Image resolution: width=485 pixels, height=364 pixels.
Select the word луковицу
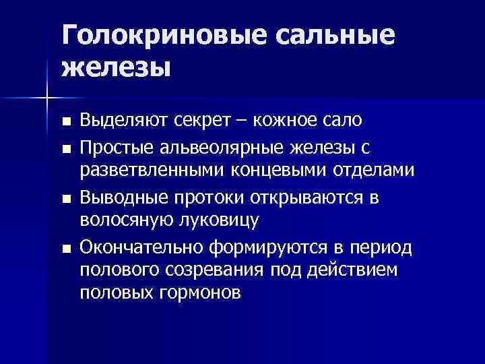222,222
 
